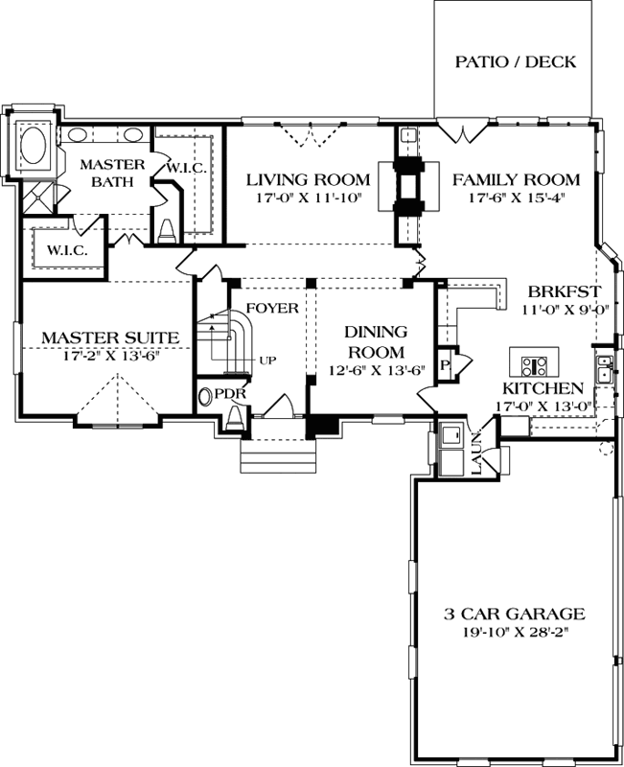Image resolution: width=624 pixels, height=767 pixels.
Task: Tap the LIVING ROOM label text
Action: pyautogui.click(x=307, y=179)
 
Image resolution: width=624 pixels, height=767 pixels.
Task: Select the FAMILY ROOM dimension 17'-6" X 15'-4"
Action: pyautogui.click(x=516, y=199)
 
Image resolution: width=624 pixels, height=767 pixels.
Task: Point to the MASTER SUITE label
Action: pyautogui.click(x=109, y=337)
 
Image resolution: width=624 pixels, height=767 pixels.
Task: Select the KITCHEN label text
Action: pyautogui.click(x=543, y=388)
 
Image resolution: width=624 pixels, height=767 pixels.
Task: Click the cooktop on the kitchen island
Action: pyautogui.click(x=533, y=364)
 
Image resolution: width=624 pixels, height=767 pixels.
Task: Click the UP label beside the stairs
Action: pyautogui.click(x=267, y=361)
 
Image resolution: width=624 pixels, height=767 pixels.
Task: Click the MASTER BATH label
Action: pyautogui.click(x=111, y=173)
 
